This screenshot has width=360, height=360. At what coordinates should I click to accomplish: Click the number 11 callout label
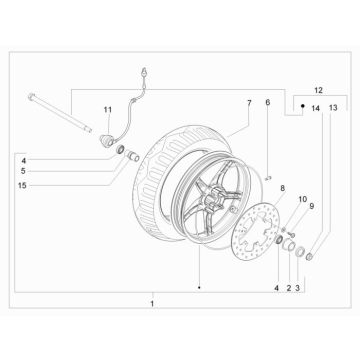(x=107, y=109)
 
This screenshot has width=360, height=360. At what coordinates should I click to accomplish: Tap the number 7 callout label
(x=250, y=103)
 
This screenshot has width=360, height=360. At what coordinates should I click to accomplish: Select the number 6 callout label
(x=268, y=102)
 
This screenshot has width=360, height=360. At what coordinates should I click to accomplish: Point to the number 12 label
(x=318, y=90)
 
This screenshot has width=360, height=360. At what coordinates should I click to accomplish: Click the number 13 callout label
(x=333, y=108)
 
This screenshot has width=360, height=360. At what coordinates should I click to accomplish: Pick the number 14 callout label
(x=315, y=108)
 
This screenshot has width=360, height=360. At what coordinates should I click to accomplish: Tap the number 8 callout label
(x=282, y=188)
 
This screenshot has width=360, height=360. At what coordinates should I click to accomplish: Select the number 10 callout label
(x=302, y=199)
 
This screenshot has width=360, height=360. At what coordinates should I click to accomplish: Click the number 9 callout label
(x=312, y=206)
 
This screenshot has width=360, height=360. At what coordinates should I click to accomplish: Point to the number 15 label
(x=22, y=186)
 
